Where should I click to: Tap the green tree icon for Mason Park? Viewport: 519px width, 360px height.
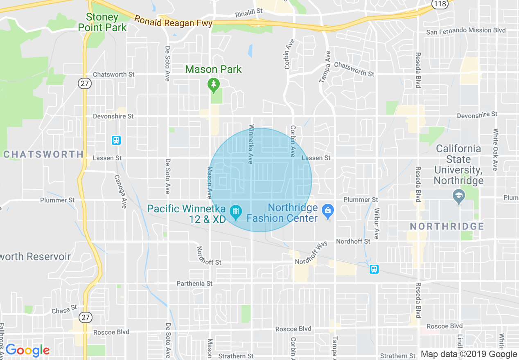pyautogui.click(x=213, y=85)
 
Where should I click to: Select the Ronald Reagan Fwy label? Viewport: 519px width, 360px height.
pyautogui.click(x=174, y=22)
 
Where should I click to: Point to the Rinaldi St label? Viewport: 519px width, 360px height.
pyautogui.click(x=249, y=13)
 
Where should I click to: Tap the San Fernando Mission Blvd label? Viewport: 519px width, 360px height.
pyautogui.click(x=466, y=31)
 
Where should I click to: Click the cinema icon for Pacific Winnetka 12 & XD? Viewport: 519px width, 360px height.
pyautogui.click(x=236, y=211)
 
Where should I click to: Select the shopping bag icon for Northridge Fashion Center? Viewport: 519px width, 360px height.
pyautogui.click(x=327, y=211)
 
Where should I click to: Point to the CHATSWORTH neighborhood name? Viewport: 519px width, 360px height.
pyautogui.click(x=43, y=154)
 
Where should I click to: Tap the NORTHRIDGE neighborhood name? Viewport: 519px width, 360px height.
pyautogui.click(x=447, y=226)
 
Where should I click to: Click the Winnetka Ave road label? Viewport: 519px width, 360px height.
pyautogui.click(x=251, y=144)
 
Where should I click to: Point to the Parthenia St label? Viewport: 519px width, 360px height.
pyautogui.click(x=194, y=283)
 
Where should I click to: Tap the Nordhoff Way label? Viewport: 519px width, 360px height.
pyautogui.click(x=311, y=253)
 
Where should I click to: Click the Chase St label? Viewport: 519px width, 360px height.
pyautogui.click(x=64, y=310)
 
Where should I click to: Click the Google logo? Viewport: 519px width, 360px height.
pyautogui.click(x=27, y=351)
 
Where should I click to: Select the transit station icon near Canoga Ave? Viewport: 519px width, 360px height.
pyautogui.click(x=116, y=140)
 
